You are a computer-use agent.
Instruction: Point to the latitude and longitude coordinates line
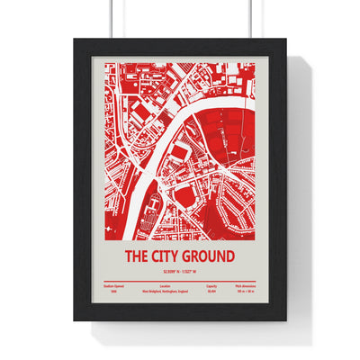click(x=179, y=271)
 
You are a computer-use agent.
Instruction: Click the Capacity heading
click(x=211, y=287)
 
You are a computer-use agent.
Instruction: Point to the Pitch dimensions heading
click(x=243, y=287)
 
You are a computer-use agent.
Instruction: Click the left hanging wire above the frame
click(x=112, y=18)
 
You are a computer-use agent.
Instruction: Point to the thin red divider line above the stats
click(x=179, y=282)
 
